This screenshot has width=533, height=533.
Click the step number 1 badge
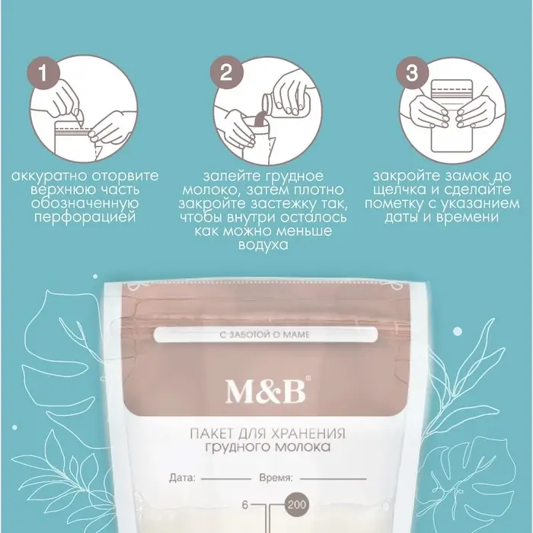43,73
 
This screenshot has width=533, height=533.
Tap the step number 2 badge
226,73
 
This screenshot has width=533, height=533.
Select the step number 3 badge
412,73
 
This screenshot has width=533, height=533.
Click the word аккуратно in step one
49,177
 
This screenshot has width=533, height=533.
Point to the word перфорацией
85,217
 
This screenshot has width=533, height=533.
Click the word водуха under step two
263,245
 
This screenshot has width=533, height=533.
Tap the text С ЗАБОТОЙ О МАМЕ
265,335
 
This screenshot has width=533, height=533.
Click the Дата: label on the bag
182,478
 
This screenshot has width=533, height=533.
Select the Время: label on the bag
276,478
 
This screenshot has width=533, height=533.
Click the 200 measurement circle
296,505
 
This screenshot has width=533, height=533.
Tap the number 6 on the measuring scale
245,505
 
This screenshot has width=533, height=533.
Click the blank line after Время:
333,479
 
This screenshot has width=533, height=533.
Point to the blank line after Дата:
225,479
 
